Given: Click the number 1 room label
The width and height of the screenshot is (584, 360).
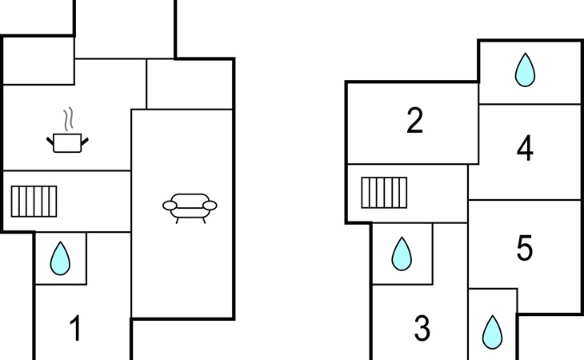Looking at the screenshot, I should point(76,329).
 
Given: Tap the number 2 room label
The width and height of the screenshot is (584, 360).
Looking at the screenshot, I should point(414,121).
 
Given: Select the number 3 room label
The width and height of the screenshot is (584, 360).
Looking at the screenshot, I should point(422,327).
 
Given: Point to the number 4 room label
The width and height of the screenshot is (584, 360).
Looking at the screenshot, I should point(525,149).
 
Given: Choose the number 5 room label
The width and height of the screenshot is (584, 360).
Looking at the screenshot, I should point(525,249).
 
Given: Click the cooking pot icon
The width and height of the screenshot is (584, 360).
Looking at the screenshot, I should point(68,142).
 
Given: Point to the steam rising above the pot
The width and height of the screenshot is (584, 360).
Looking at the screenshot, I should point(70,120).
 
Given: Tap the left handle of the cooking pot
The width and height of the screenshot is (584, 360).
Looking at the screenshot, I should point(51,140).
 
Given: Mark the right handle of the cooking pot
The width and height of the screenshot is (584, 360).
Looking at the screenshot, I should point(85,140).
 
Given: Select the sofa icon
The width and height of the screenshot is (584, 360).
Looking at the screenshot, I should point(190,206).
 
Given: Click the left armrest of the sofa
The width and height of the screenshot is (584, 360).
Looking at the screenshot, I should point(169,206).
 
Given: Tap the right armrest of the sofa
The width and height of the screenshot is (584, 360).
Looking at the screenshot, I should point(210,206).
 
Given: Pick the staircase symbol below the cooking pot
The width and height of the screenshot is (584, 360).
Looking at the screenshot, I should point(34,201).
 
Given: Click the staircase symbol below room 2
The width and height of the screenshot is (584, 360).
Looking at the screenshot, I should point(384,192).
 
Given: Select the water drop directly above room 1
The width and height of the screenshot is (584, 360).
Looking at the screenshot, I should point(60,258).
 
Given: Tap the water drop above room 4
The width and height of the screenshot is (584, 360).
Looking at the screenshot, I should point(525,70).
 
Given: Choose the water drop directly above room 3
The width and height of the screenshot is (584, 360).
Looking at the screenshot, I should point(402,253).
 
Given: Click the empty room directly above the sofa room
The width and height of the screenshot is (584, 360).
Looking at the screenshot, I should point(190,83).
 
